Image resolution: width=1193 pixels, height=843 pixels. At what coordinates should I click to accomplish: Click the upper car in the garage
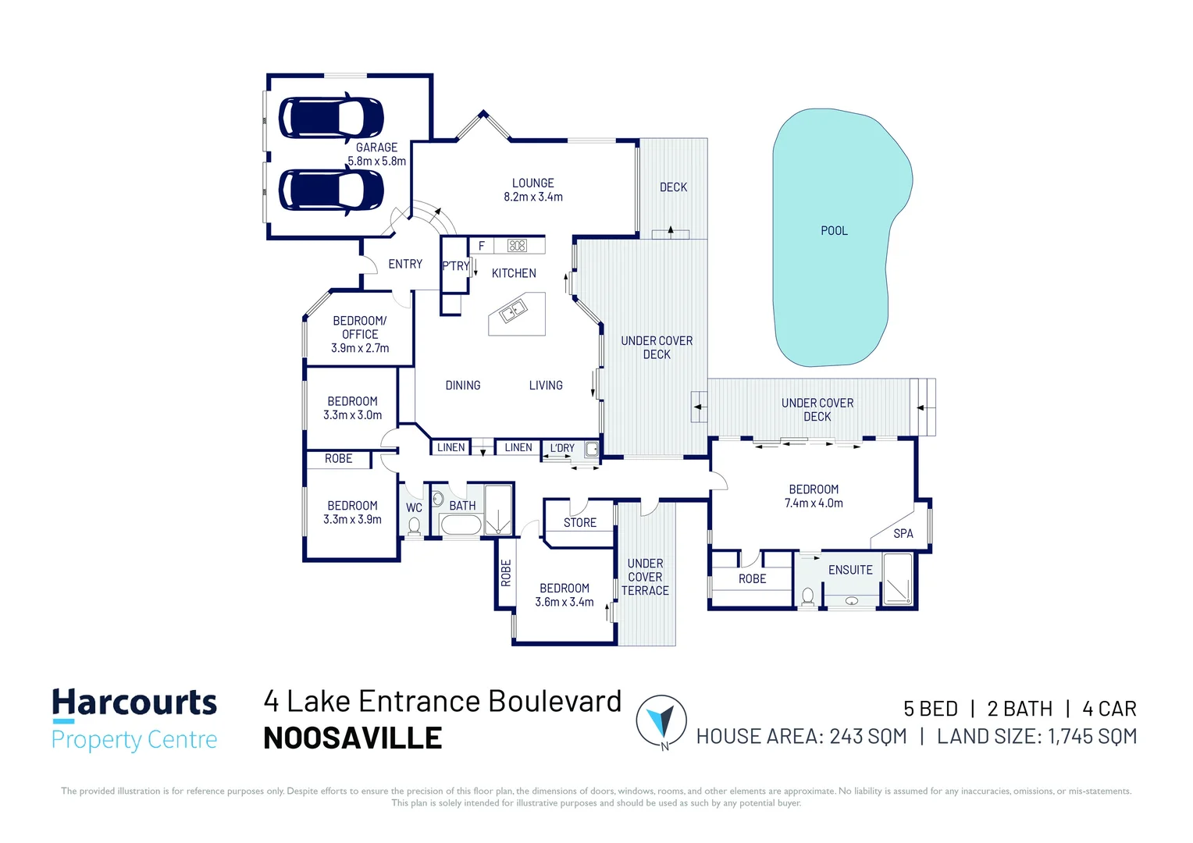click(x=331, y=118)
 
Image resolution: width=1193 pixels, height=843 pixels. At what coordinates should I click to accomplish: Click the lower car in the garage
click(x=331, y=190)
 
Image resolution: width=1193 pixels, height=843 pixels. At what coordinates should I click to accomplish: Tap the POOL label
click(x=834, y=230)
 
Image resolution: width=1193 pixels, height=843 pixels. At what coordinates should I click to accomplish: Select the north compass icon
click(x=661, y=721)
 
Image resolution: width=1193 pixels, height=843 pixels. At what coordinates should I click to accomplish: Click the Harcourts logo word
click(x=135, y=702)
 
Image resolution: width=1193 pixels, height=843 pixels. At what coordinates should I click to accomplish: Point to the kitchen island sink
click(x=513, y=311)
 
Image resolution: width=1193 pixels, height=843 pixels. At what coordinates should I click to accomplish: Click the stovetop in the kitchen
click(x=517, y=246)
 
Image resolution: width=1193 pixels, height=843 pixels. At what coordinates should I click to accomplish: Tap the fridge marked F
click(x=482, y=246)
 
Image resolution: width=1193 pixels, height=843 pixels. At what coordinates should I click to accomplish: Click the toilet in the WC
click(x=414, y=526)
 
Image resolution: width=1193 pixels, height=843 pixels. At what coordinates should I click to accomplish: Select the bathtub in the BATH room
click(x=461, y=525)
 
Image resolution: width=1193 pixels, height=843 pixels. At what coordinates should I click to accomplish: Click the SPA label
click(x=903, y=534)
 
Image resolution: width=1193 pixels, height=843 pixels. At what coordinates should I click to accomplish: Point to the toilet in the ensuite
click(x=807, y=596)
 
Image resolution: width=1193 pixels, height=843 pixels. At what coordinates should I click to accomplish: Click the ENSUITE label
click(x=850, y=570)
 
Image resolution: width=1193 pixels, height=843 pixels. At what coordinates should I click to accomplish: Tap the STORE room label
click(x=580, y=522)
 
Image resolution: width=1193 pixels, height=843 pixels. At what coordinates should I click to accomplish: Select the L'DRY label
click(x=562, y=448)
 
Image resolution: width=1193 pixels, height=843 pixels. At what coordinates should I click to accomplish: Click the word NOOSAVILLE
click(x=353, y=738)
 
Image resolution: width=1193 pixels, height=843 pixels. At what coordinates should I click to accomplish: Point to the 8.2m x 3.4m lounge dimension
click(x=533, y=197)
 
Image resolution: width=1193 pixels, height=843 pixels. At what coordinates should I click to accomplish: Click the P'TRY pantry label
click(x=456, y=265)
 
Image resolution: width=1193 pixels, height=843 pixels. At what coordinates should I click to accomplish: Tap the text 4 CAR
click(x=1109, y=709)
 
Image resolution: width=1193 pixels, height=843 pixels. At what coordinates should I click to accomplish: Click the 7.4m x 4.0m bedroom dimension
click(x=814, y=503)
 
